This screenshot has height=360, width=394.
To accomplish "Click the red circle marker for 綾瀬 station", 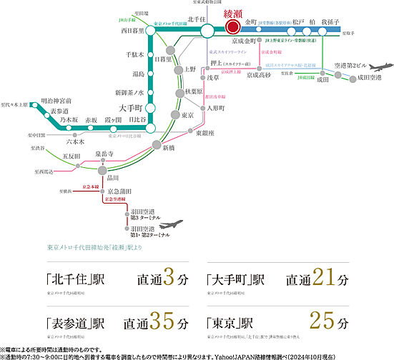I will [x=232, y=27].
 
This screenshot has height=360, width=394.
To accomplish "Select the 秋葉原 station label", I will [x=194, y=91].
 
